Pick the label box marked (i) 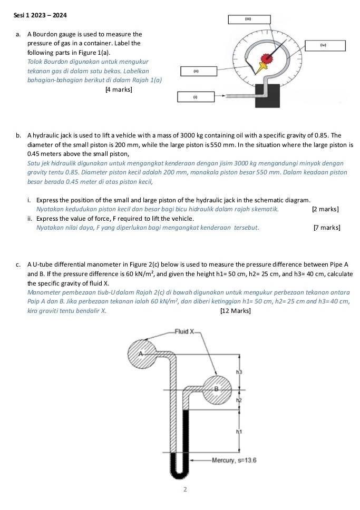[195, 97]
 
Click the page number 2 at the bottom [184, 489]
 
